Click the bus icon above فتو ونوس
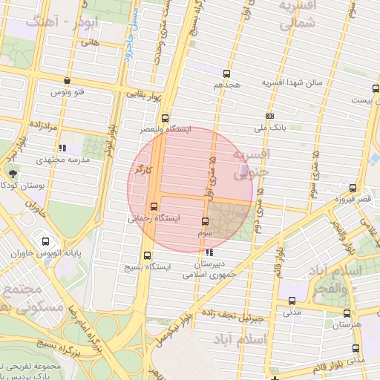tap(68, 81)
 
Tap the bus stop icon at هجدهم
tap(227, 73)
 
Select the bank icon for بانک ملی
tap(269, 116)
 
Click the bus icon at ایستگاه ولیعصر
tap(165, 117)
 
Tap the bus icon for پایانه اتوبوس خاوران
tap(47, 241)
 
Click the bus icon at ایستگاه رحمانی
tap(154, 207)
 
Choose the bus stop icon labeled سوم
tap(206, 220)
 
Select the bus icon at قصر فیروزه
tap(353, 188)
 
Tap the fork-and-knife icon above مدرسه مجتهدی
tap(63, 148)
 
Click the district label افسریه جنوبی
tap(253, 164)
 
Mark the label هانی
tap(91, 43)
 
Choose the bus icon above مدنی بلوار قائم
tap(356, 348)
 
